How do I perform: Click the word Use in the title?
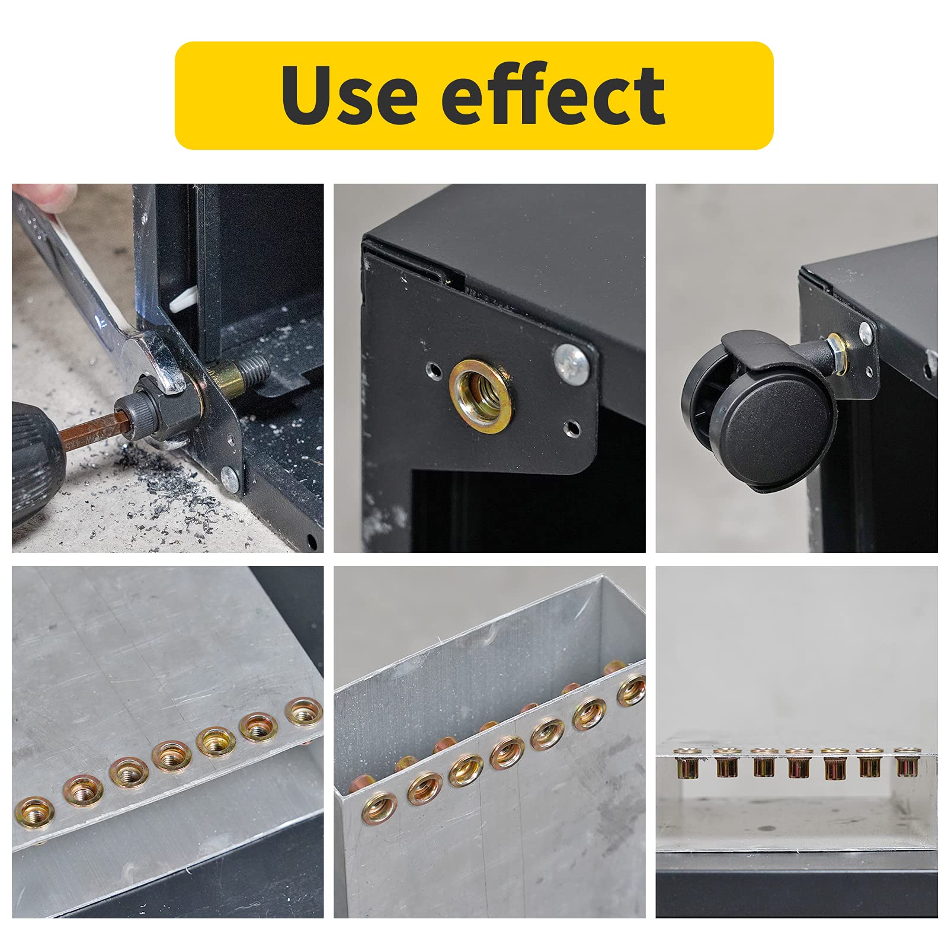tap(349, 95)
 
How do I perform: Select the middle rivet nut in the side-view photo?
tap(797, 764)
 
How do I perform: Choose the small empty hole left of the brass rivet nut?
tap(435, 371)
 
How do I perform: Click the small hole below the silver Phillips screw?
tap(572, 427)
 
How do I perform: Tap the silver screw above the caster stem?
tap(866, 331)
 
